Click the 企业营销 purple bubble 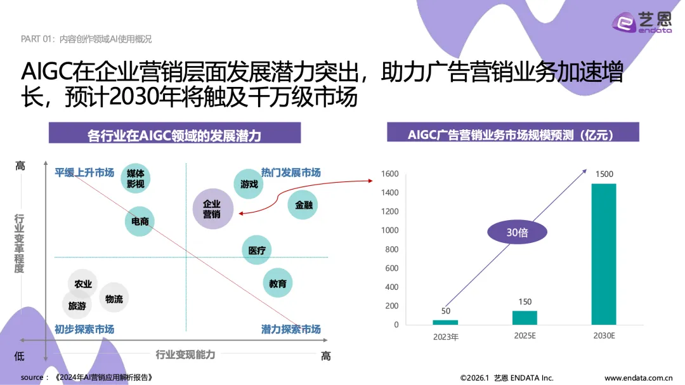click(x=212, y=209)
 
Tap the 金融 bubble click(x=303, y=205)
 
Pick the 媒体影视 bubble click(x=136, y=178)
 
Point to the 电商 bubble click(x=140, y=221)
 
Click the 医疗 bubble click(x=257, y=250)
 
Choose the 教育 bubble click(x=278, y=284)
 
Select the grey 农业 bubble click(x=83, y=284)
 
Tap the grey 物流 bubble click(x=114, y=299)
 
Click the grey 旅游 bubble click(x=77, y=306)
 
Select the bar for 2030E click(x=603, y=254)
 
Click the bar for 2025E click(x=525, y=317)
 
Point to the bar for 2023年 click(x=445, y=322)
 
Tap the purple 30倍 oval click(x=517, y=233)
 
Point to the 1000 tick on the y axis click(x=390, y=230)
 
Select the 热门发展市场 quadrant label click(x=290, y=173)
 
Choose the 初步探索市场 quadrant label click(x=84, y=329)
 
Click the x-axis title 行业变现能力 click(x=185, y=355)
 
